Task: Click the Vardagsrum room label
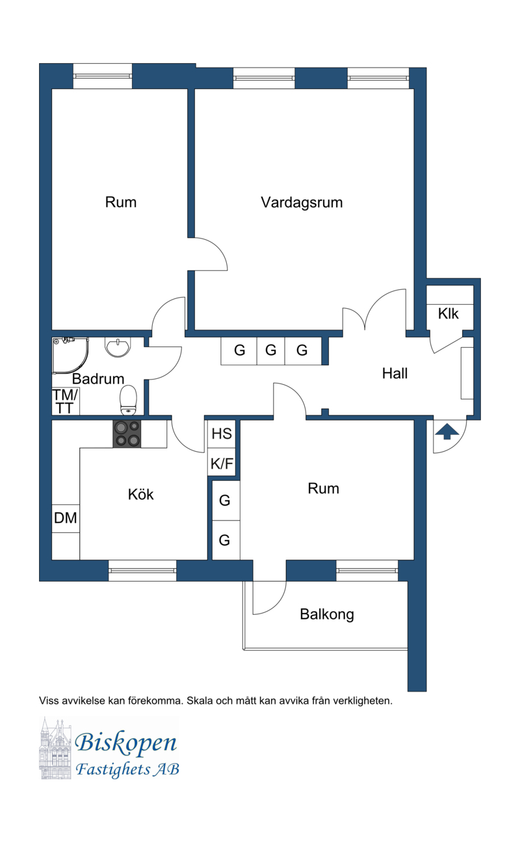pyautogui.click(x=302, y=203)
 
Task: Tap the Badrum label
pyautogui.click(x=98, y=378)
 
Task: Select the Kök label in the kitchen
pyautogui.click(x=140, y=494)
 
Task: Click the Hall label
pyautogui.click(x=395, y=373)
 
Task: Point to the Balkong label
pyautogui.click(x=326, y=615)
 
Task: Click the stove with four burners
pyautogui.click(x=127, y=434)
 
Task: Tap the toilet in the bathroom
pyautogui.click(x=128, y=399)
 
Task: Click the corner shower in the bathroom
pyautogui.click(x=70, y=356)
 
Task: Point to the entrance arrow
pyautogui.click(x=447, y=432)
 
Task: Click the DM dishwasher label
pyautogui.click(x=66, y=518)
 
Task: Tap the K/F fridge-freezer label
pyautogui.click(x=222, y=463)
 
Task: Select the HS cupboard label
pyautogui.click(x=222, y=434)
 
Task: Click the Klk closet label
pyautogui.click(x=448, y=313)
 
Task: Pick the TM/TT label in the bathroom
pyautogui.click(x=65, y=402)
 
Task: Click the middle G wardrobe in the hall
pyautogui.click(x=271, y=350)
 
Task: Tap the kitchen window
pyautogui.click(x=142, y=571)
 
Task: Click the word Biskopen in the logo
pyautogui.click(x=125, y=743)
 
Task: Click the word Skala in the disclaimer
pyautogui.click(x=199, y=701)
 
